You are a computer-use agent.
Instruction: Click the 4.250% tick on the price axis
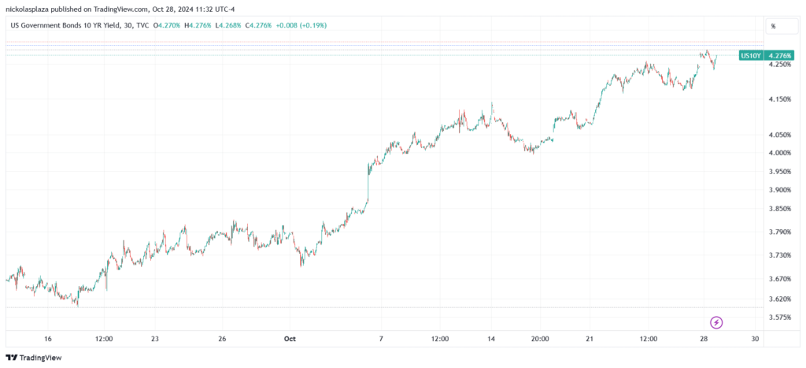coord(779,65)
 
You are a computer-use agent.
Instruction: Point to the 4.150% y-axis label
coord(779,99)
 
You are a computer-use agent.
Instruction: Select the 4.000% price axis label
coord(779,153)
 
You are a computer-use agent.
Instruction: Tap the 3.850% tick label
coord(779,209)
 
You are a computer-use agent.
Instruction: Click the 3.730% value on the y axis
coord(779,255)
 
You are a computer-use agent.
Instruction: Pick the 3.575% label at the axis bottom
coord(779,318)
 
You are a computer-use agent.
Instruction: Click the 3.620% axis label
coord(779,299)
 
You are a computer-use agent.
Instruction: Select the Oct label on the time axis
coord(290,339)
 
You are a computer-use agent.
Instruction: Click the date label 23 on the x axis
coord(155,339)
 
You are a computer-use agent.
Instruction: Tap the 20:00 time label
coord(539,339)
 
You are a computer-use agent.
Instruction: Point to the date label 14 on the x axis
coord(492,339)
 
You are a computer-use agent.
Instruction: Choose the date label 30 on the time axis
coord(755,339)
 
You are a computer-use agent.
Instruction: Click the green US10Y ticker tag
coord(750,55)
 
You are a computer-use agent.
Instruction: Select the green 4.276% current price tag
coord(778,55)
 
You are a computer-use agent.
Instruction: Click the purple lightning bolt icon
coord(716,322)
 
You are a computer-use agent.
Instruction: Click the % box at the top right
coord(773,26)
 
